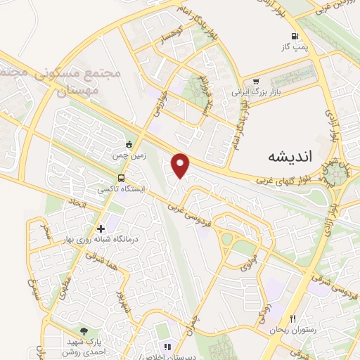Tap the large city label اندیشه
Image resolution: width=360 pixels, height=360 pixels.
290,157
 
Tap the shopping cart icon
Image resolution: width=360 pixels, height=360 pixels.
257,82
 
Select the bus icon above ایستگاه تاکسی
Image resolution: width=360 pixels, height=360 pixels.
122,178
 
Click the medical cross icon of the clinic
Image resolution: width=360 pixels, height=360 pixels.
101,229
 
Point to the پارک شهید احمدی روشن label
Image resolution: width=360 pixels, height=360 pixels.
84,344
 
